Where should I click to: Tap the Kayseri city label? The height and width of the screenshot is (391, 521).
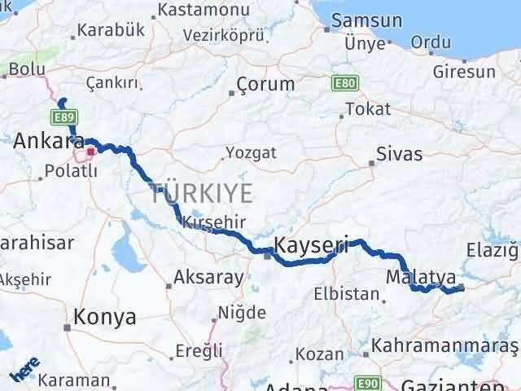[312, 244]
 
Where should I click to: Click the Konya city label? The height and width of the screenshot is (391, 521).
[104, 317]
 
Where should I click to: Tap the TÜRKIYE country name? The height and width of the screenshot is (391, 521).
[201, 194]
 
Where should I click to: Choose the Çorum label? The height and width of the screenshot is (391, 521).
[265, 84]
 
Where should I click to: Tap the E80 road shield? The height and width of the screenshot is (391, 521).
[343, 83]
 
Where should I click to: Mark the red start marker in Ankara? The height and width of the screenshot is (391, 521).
[91, 151]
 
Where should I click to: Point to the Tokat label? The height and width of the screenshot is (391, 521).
[367, 108]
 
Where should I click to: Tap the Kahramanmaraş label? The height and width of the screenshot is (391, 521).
[444, 346]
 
